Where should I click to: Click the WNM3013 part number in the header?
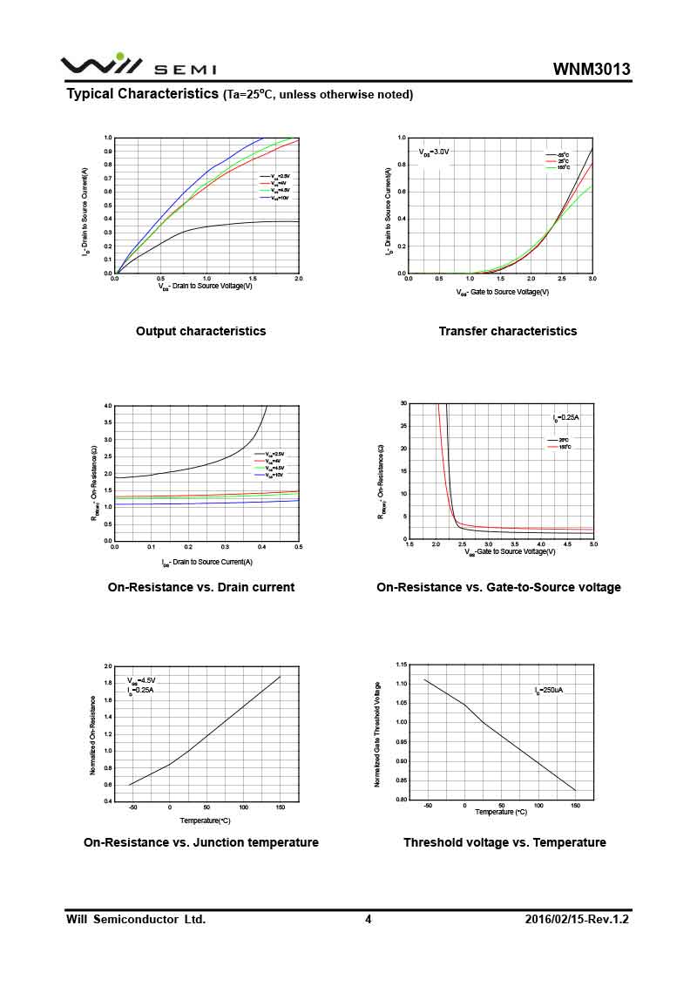click(x=592, y=70)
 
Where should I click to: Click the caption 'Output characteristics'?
click(x=200, y=331)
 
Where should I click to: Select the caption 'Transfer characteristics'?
click(x=507, y=331)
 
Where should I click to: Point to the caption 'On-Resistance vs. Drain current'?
click(x=200, y=587)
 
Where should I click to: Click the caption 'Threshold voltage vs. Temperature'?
click(x=504, y=842)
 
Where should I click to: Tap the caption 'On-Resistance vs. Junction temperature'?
click(x=200, y=842)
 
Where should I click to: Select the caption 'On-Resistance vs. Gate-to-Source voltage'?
click(x=498, y=587)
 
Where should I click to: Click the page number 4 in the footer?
click(x=368, y=919)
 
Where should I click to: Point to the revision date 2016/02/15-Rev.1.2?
click(x=577, y=919)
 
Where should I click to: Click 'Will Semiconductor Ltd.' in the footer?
click(x=136, y=919)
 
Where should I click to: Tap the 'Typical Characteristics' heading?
click(x=142, y=94)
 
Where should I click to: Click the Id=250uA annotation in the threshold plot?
click(x=549, y=690)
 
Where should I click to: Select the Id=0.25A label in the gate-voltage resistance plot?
click(x=566, y=418)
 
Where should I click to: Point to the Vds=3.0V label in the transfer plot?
click(x=434, y=152)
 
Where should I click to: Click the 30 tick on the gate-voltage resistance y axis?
click(x=403, y=403)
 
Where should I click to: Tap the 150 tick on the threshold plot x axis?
click(x=575, y=806)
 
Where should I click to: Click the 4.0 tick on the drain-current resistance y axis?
click(x=108, y=406)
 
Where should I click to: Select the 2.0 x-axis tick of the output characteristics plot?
click(x=298, y=279)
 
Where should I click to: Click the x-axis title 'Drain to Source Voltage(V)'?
click(x=206, y=286)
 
